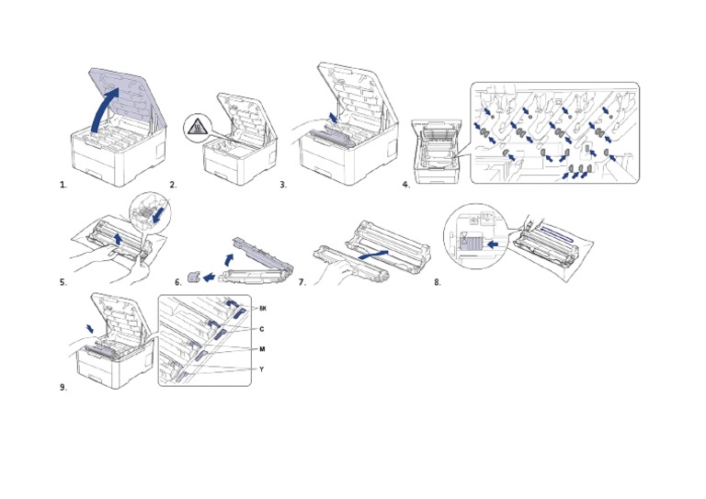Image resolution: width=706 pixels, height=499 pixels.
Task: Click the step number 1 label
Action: (x=63, y=185)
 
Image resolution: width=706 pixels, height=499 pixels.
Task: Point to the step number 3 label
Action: (x=284, y=185)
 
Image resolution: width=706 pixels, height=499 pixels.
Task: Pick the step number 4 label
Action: (x=405, y=185)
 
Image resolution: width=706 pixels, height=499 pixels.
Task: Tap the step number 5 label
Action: (x=63, y=282)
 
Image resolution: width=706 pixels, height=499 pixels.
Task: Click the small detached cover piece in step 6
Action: (x=193, y=274)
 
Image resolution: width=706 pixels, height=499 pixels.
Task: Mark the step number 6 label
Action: (x=177, y=282)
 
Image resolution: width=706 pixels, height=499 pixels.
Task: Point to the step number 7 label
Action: (x=302, y=282)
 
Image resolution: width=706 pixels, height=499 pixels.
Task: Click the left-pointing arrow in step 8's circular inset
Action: (x=494, y=245)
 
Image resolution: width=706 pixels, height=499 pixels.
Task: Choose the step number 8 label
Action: (x=438, y=282)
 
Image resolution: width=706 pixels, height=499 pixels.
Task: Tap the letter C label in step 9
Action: (x=262, y=328)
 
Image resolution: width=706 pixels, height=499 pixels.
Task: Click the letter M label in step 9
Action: (x=263, y=349)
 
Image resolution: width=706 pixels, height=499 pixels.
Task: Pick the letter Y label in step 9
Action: (x=263, y=369)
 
